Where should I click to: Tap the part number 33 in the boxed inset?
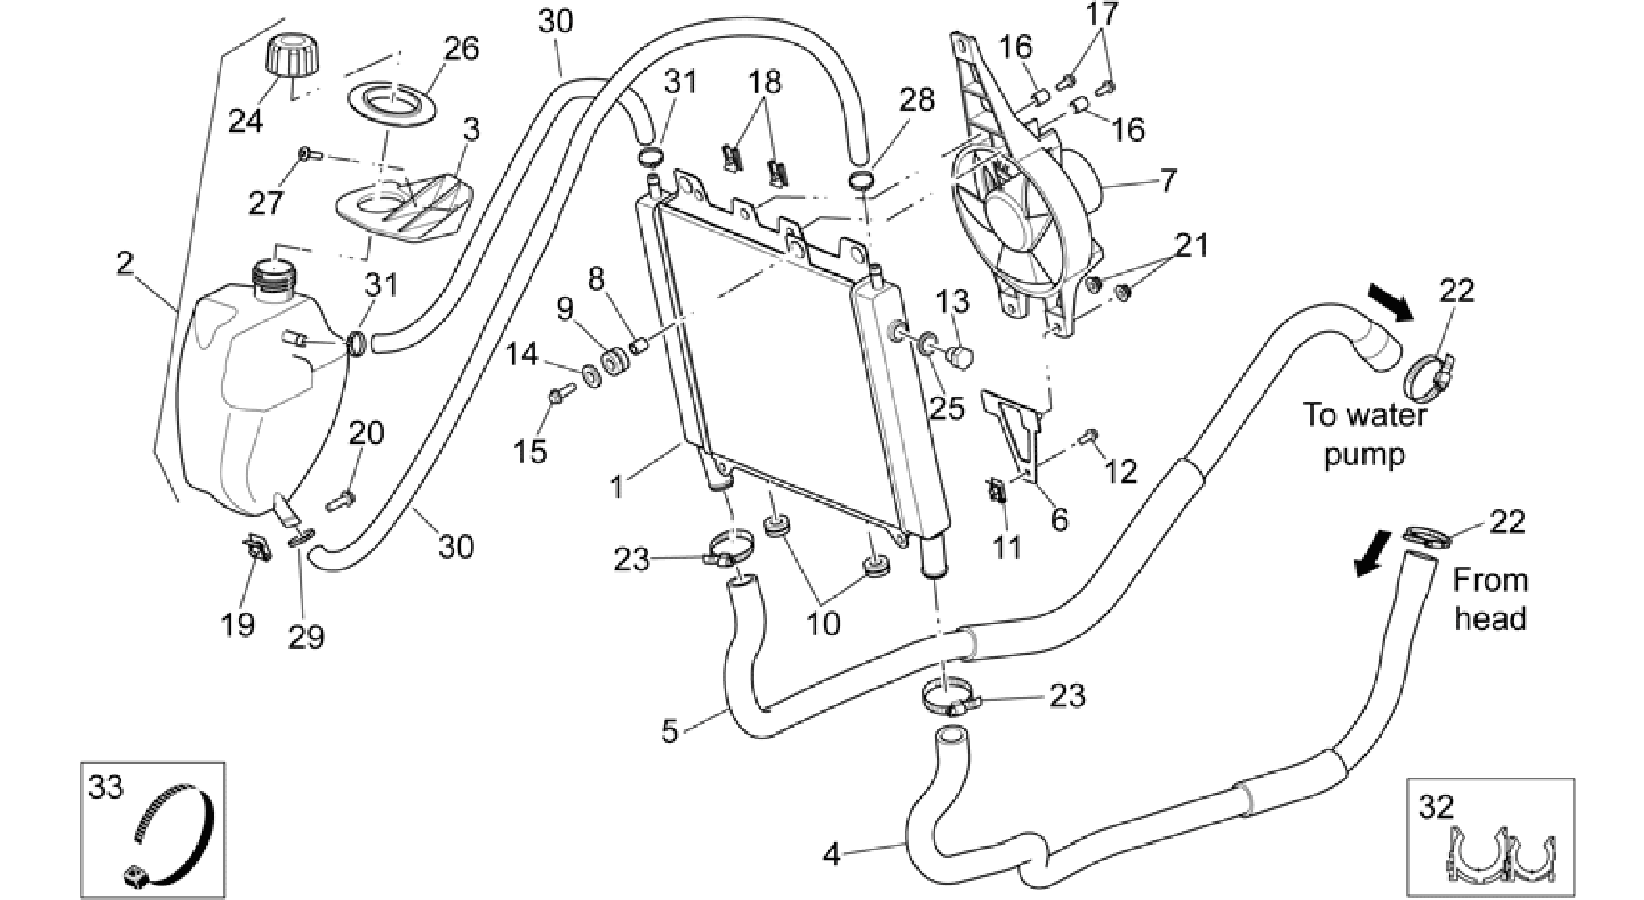[106, 787]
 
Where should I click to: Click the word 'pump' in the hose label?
[1364, 454]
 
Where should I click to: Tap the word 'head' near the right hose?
[1490, 618]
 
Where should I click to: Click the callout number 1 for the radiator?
[617, 487]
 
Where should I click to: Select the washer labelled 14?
[591, 375]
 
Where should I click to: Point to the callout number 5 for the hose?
[670, 730]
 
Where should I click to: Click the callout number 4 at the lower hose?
[832, 854]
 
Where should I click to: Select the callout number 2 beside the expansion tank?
[125, 263]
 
